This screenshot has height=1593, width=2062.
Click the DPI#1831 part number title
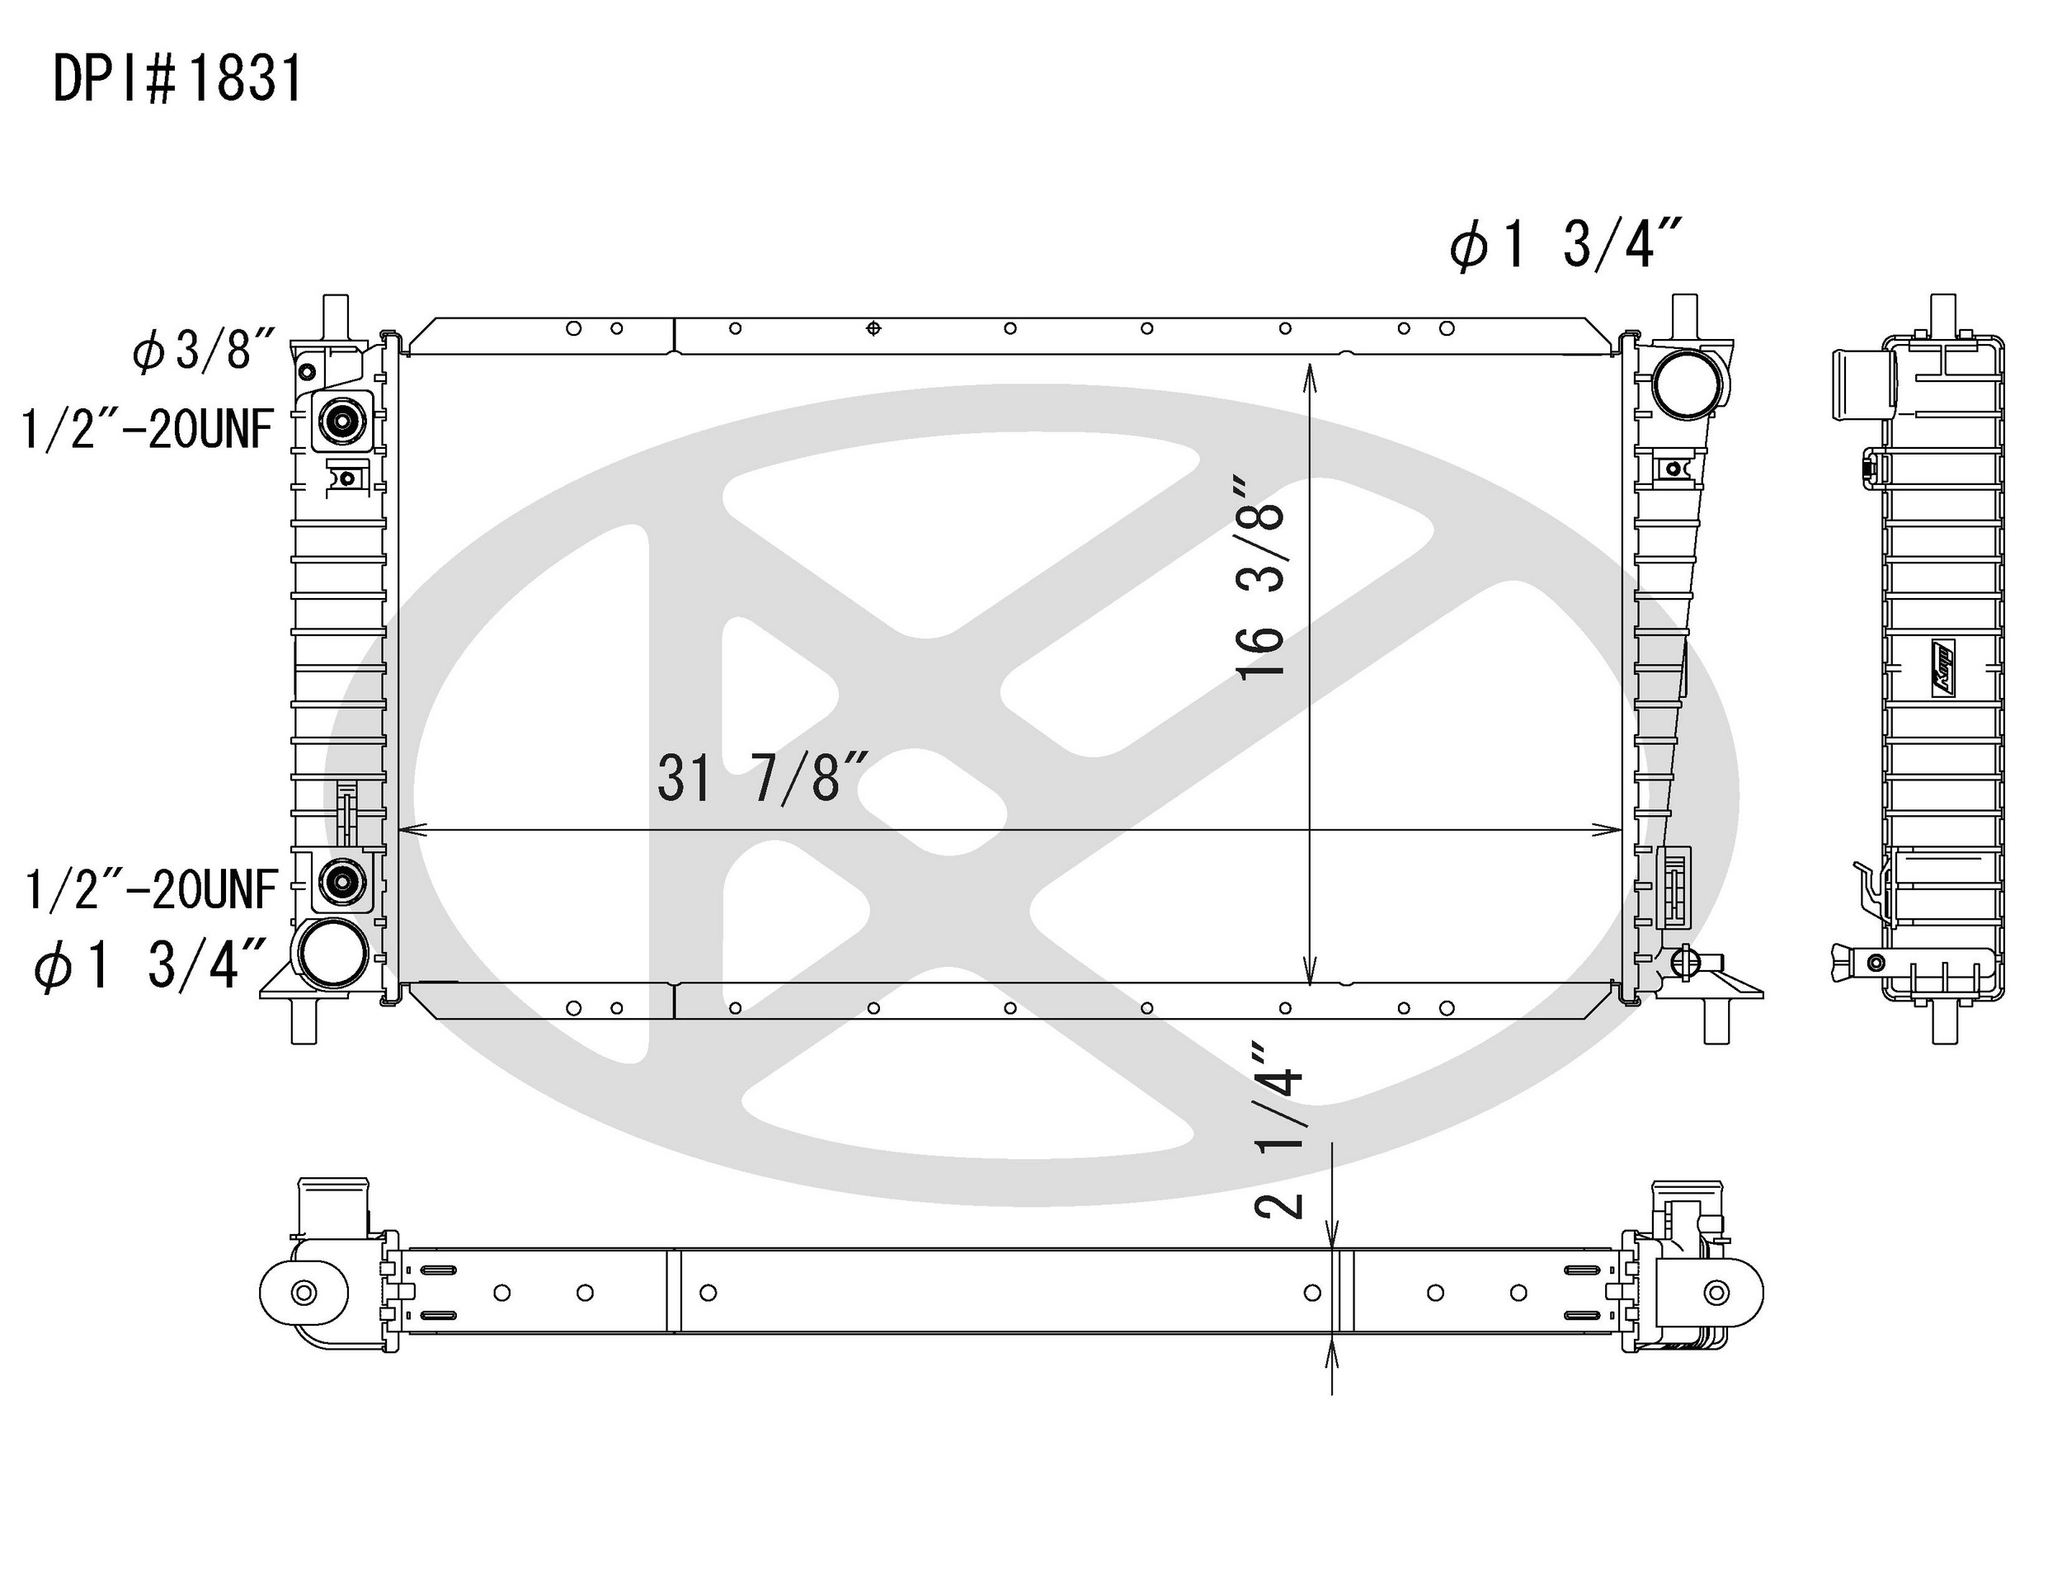177,78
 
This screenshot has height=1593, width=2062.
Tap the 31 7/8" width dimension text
762,780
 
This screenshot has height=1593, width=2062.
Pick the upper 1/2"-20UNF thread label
148,430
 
